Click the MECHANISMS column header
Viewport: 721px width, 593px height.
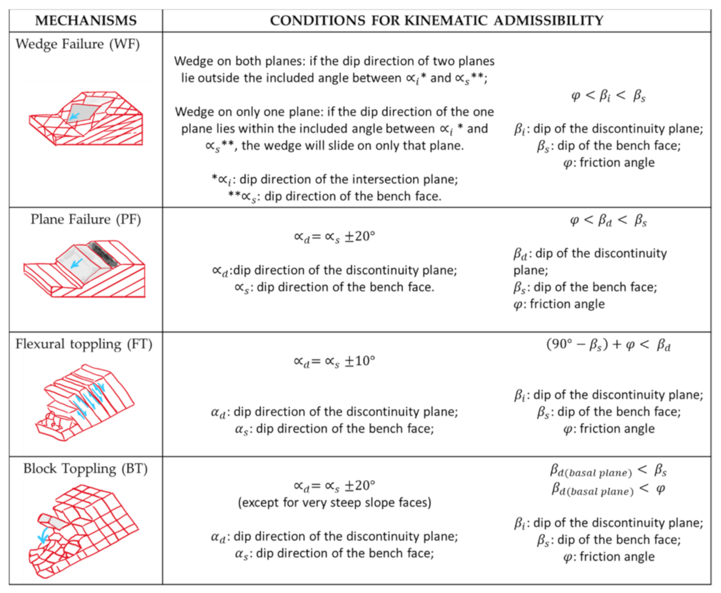pyautogui.click(x=86, y=21)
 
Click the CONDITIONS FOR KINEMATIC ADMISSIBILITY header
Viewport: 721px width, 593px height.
pyautogui.click(x=436, y=21)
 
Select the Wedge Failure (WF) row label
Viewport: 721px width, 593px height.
pyautogui.click(x=77, y=44)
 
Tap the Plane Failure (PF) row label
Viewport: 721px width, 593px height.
pyautogui.click(x=86, y=219)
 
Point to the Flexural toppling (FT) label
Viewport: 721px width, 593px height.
pyautogui.click(x=84, y=344)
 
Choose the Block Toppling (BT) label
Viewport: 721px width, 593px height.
pyautogui.click(x=86, y=468)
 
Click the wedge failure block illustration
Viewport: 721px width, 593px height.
pyautogui.click(x=86, y=119)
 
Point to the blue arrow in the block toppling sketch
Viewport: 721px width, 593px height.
pyautogui.click(x=43, y=535)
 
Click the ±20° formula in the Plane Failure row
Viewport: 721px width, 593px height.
pyautogui.click(x=334, y=237)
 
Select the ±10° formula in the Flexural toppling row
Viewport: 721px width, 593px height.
pyautogui.click(x=334, y=362)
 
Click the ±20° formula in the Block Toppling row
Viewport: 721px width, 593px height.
pyautogui.click(x=334, y=486)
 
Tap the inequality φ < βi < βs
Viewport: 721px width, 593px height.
pyautogui.click(x=608, y=96)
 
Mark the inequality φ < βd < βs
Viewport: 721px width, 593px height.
pyautogui.click(x=608, y=221)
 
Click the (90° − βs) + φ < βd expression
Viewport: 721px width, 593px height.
pyautogui.click(x=608, y=345)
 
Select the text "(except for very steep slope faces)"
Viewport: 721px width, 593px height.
pyautogui.click(x=334, y=503)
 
